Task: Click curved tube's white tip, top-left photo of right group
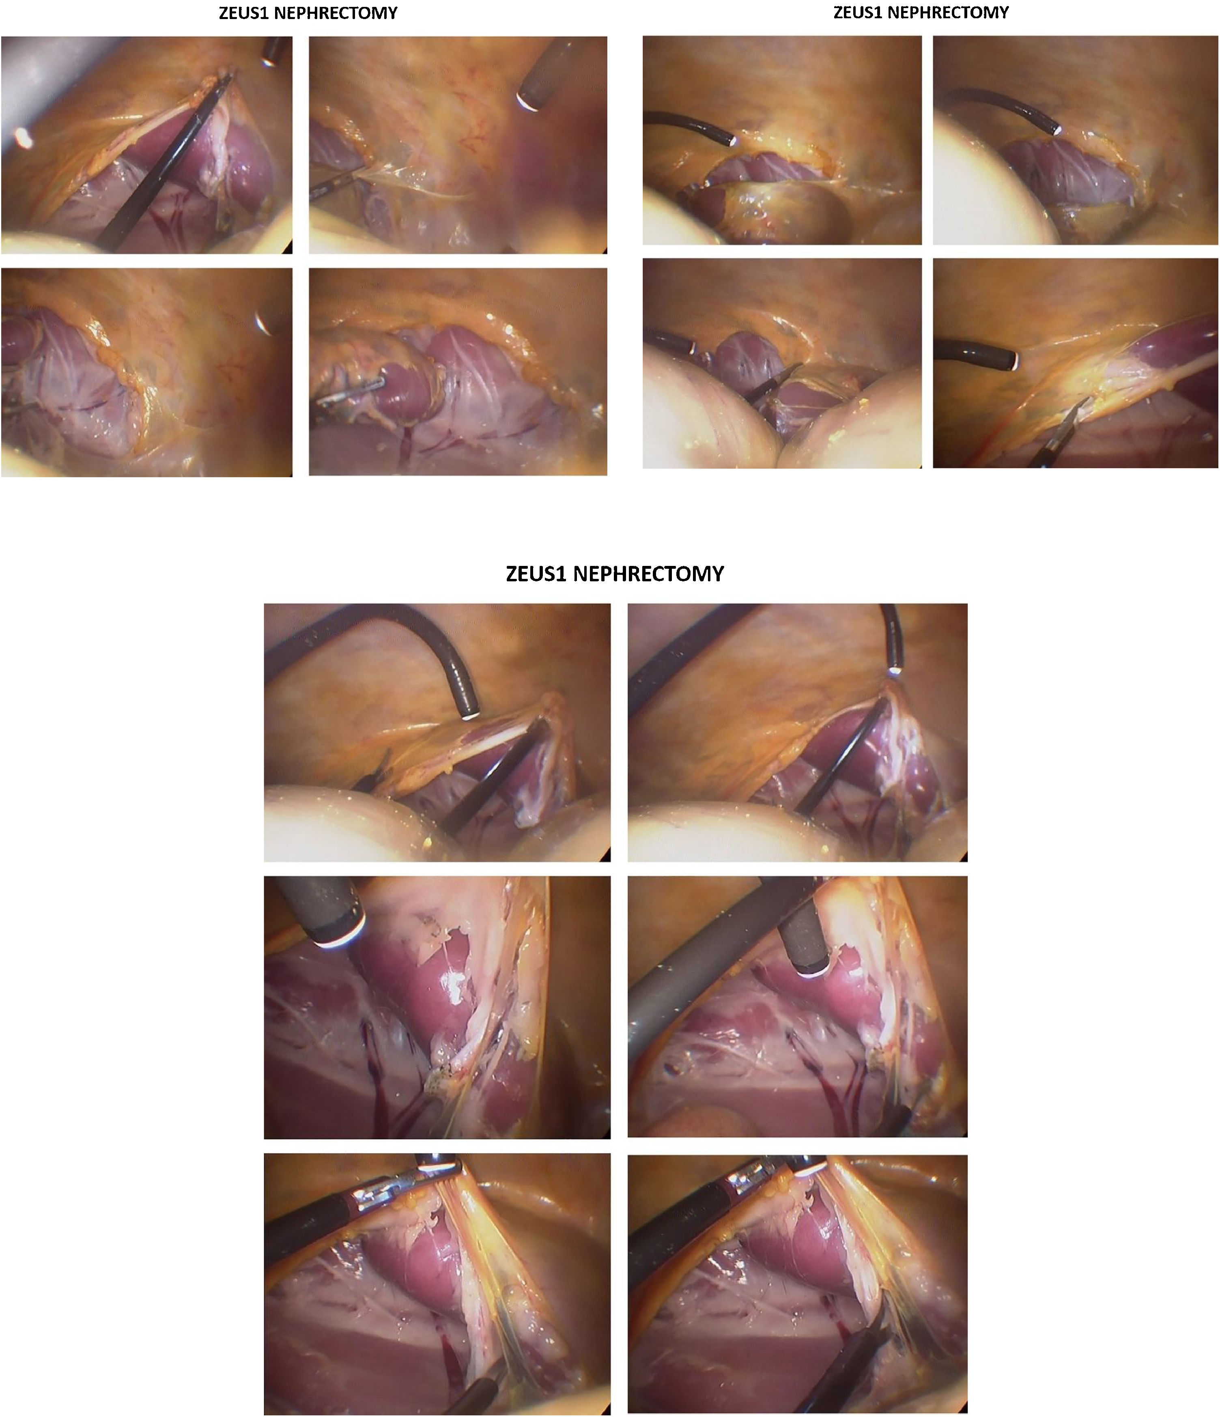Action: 732,140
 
